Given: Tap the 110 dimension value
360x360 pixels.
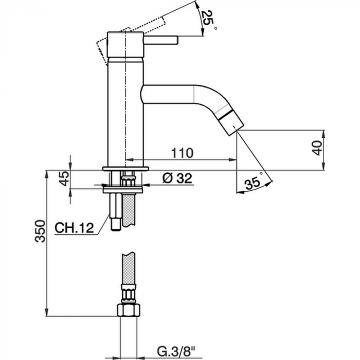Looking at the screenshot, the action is pos(183,153).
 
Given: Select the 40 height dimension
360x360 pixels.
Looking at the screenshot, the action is pos(318,148).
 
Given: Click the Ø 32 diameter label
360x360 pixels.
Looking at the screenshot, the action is pos(177,178).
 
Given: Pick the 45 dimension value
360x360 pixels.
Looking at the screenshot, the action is pos(64,178).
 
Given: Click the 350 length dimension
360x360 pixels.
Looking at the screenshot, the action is pos(40,231).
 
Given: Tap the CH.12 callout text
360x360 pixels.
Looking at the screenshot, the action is pos(75,228).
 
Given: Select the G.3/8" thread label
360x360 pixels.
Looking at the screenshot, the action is pos(176,351).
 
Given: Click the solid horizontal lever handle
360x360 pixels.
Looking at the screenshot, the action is pos(160,40).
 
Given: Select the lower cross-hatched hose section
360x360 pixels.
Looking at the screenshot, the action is pos(128,268).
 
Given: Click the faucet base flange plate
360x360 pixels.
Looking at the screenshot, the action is pos(125,169).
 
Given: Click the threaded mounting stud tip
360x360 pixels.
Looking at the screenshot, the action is pos(116,224).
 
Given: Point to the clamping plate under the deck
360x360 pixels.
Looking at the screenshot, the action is pos(123,190).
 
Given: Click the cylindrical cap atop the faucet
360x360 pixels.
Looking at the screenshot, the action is pos(125,44).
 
